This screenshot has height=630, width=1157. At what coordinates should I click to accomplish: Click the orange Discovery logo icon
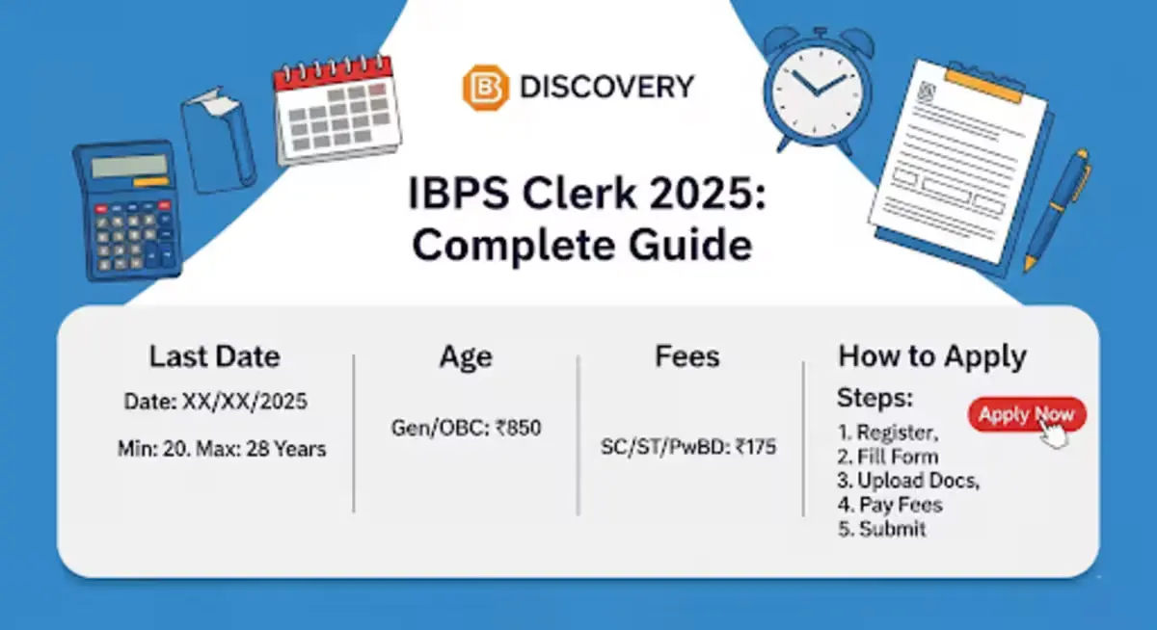click(x=483, y=88)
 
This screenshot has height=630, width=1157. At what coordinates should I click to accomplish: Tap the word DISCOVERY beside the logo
click(x=606, y=88)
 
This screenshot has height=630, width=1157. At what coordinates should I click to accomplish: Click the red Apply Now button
click(x=1026, y=415)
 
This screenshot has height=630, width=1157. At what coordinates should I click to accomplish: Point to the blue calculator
click(x=127, y=210)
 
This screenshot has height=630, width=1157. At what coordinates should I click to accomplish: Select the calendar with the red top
click(x=336, y=110)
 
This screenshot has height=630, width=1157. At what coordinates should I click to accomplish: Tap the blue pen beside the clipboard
click(x=1058, y=208)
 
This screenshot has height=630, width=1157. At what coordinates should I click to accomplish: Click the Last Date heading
click(x=214, y=357)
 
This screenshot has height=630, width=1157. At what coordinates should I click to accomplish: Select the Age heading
click(x=466, y=357)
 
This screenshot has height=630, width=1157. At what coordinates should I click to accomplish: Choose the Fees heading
click(x=687, y=357)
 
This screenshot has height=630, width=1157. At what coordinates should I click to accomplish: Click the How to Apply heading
click(x=931, y=356)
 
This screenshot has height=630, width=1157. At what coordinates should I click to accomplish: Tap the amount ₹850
click(x=518, y=429)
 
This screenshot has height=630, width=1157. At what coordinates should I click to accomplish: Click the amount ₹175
click(x=755, y=447)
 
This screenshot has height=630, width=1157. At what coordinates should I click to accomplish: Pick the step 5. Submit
click(x=881, y=529)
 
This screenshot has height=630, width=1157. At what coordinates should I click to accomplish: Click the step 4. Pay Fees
click(x=889, y=505)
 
